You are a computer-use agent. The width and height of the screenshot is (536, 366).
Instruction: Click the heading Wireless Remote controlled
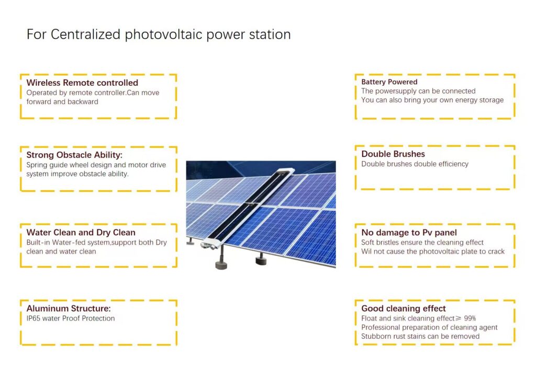[82, 83]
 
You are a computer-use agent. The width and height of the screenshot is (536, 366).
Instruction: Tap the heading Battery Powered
[389, 82]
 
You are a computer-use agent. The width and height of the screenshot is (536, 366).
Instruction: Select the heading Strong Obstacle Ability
[74, 155]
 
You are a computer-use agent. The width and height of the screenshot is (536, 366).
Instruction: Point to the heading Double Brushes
[393, 154]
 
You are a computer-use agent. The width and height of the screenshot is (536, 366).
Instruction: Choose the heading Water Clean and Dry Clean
[81, 233]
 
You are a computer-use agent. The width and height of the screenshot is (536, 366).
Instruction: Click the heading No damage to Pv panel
[409, 233]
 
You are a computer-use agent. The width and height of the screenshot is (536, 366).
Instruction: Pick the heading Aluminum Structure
[69, 308]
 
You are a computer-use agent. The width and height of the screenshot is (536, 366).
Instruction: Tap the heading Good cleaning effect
[404, 308]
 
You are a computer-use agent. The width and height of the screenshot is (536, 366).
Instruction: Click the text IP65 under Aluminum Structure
[33, 318]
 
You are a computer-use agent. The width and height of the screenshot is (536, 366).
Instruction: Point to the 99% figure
[470, 318]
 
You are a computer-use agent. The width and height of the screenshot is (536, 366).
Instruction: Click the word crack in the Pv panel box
[496, 251]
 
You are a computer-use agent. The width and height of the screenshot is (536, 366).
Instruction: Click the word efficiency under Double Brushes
[452, 164]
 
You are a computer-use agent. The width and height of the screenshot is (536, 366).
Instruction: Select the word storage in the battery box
[492, 100]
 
